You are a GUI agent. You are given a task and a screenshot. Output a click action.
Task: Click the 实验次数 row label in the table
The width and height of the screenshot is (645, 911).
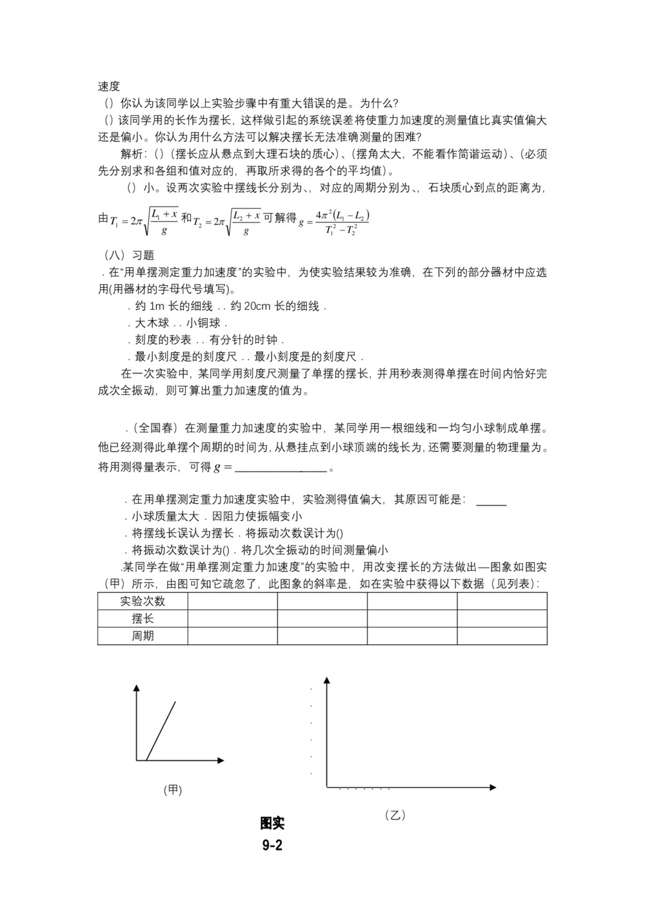click(x=143, y=601)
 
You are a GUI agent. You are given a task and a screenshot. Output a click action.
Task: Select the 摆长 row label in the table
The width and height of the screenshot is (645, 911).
click(x=143, y=619)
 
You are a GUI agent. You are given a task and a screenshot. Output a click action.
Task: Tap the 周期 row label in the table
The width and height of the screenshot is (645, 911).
click(x=143, y=636)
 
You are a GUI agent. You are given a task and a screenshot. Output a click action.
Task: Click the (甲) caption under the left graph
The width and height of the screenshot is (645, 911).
click(x=173, y=790)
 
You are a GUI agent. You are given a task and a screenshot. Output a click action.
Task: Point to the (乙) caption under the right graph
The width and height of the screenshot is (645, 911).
click(x=395, y=815)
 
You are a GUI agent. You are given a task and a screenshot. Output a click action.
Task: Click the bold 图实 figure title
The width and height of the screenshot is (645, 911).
click(x=272, y=823)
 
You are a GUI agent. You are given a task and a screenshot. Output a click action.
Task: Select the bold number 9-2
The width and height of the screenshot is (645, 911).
click(x=272, y=845)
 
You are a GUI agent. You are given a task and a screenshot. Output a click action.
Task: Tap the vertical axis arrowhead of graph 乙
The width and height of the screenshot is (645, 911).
click(x=327, y=680)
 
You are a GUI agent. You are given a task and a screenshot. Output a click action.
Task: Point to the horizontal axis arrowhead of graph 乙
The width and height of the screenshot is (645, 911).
click(x=493, y=787)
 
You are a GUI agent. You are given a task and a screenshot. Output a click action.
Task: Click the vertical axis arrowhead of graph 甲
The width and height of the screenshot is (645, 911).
click(x=136, y=689)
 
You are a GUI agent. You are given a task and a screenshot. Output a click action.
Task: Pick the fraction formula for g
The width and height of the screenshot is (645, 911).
click(x=334, y=222)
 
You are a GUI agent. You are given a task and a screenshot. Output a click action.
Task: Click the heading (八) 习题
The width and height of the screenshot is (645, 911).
click(x=129, y=255)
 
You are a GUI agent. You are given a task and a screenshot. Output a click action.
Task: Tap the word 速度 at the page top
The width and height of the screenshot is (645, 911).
click(x=109, y=86)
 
